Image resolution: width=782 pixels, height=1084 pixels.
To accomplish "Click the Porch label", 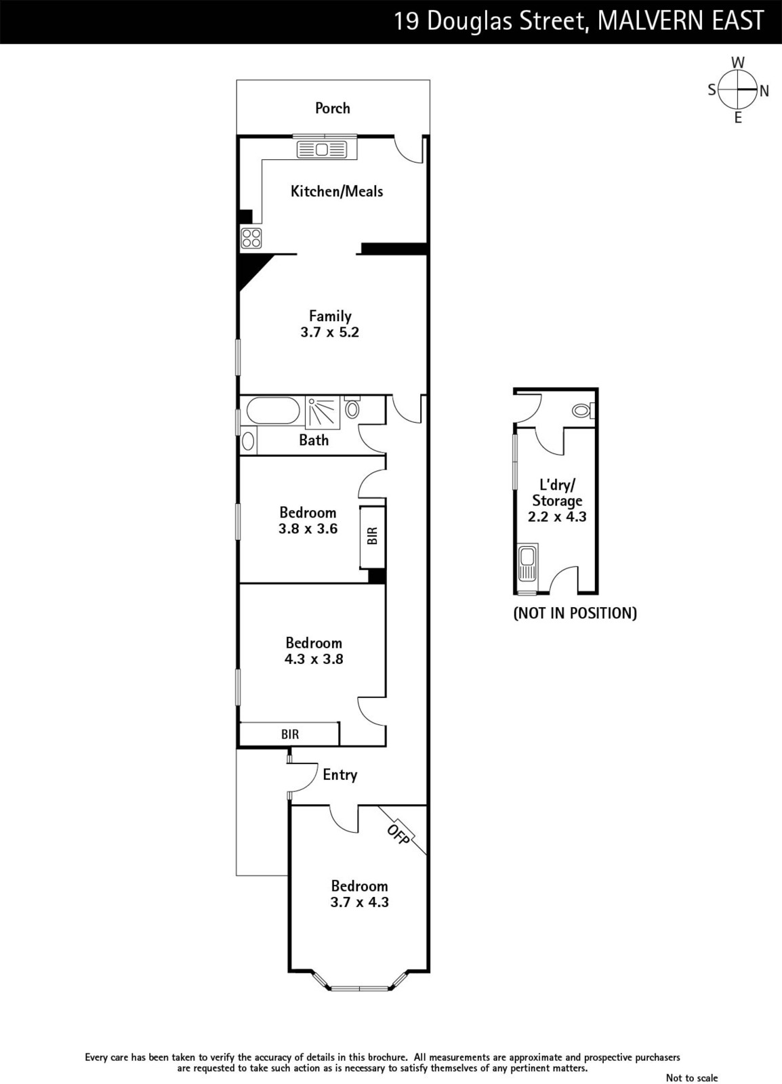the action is (333, 108).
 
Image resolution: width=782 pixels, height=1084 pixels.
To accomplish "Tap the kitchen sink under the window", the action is (322, 149).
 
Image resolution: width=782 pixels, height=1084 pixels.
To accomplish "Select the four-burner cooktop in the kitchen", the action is (251, 238).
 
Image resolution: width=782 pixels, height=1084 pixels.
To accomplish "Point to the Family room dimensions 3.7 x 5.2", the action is (329, 333).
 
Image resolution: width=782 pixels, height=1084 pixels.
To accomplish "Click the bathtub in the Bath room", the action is (273, 411).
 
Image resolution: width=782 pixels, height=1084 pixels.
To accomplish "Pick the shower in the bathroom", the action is (323, 413).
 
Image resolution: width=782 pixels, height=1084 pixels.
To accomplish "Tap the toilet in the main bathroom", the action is (352, 407).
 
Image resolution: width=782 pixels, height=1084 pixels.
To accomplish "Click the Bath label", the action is (314, 440).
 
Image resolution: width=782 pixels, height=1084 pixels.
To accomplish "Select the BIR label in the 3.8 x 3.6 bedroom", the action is (372, 536).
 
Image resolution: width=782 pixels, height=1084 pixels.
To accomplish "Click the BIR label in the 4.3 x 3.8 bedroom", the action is (290, 734).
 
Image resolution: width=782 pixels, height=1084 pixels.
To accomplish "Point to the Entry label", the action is (339, 775).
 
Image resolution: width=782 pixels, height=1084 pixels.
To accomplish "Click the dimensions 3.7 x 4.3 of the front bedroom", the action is (360, 902).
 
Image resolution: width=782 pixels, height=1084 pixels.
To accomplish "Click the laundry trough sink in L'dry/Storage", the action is (527, 563).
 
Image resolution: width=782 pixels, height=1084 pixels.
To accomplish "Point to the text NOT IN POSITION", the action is (575, 613).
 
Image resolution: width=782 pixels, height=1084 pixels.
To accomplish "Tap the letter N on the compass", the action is (764, 91).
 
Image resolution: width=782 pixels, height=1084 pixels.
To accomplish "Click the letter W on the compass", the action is (738, 62).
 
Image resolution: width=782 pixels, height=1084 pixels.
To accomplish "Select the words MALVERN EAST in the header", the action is (681, 21).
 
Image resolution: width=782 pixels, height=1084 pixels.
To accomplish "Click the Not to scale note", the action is (692, 1077).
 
